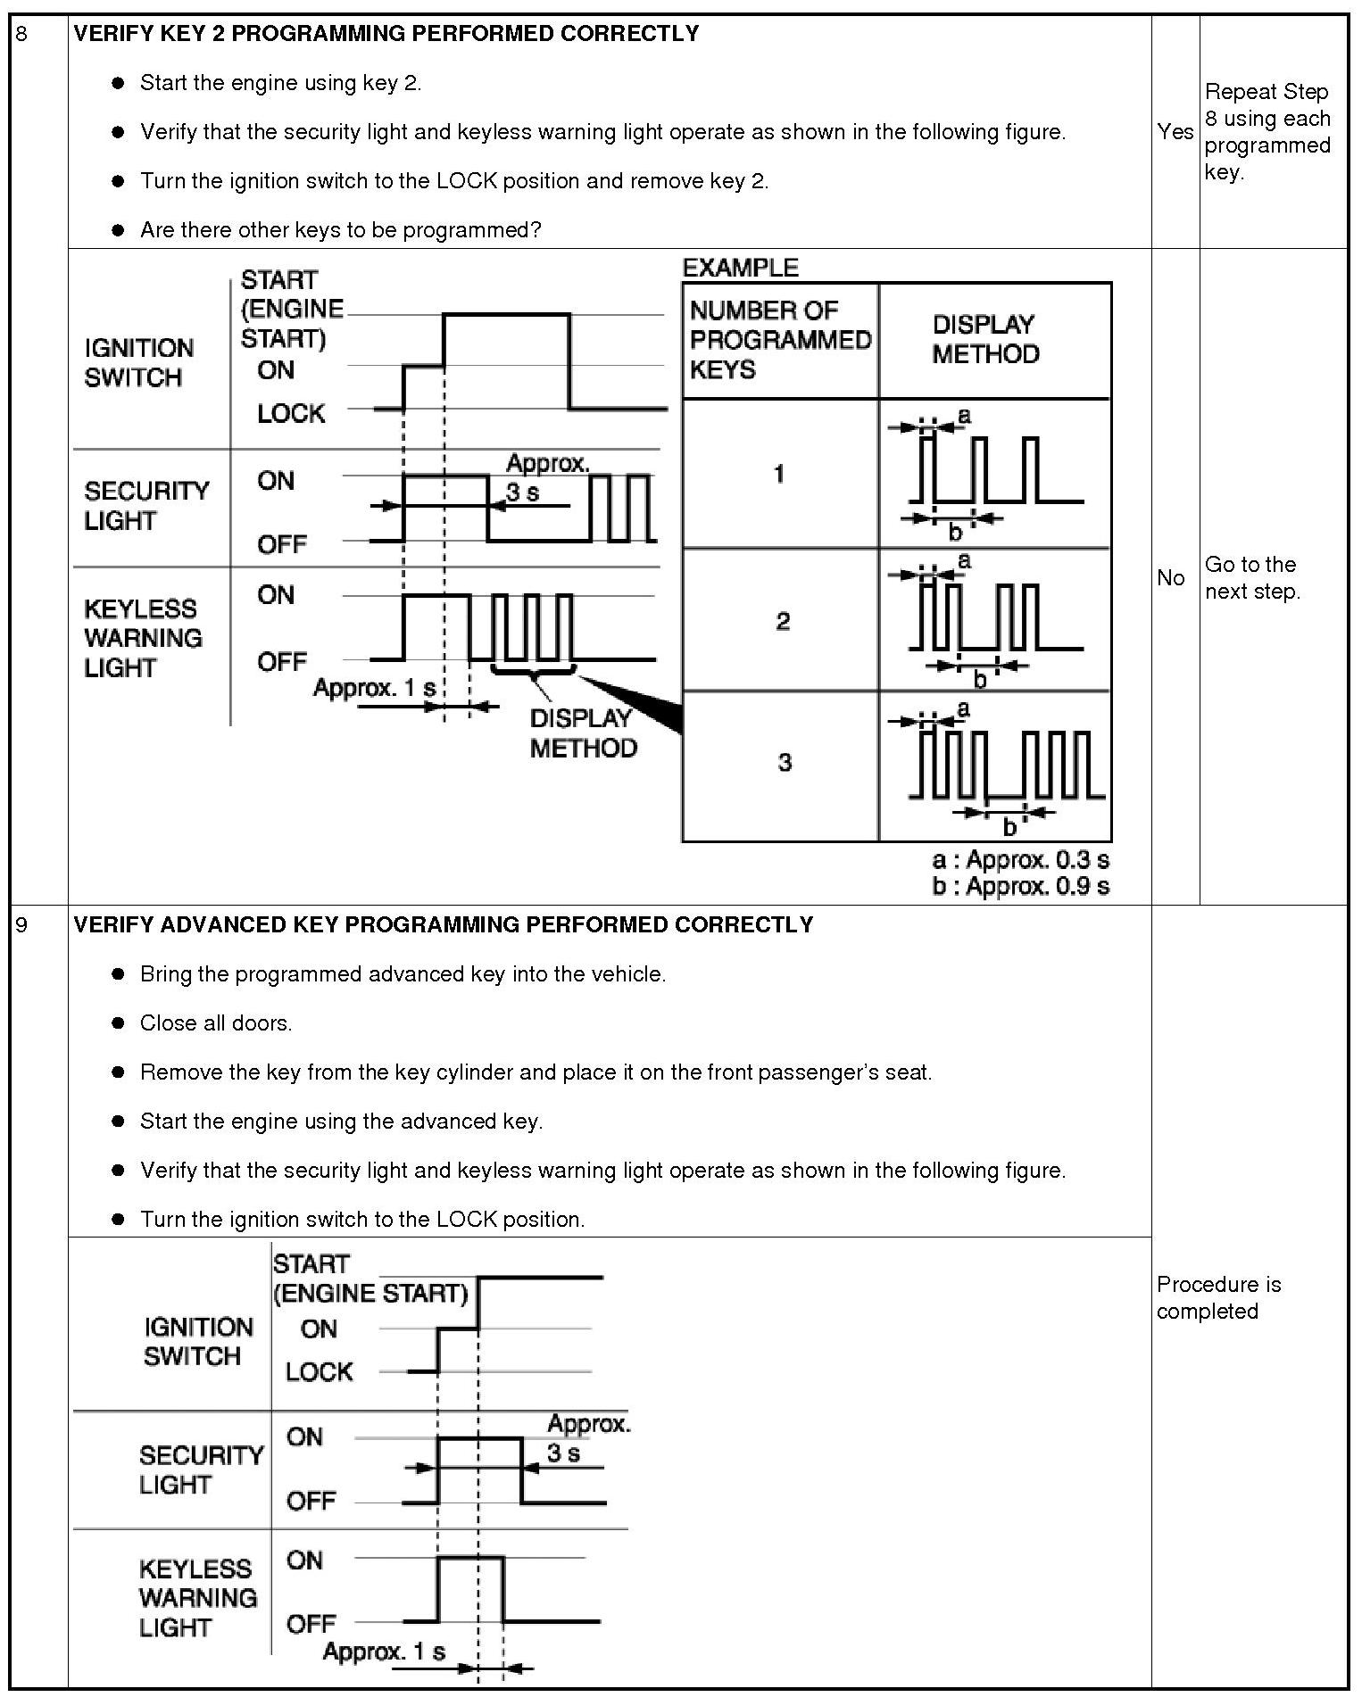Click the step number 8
(21, 35)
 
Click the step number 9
(21, 925)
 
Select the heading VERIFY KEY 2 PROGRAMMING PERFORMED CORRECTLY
(386, 34)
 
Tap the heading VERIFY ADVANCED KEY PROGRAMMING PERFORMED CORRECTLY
(443, 924)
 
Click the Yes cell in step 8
(1175, 132)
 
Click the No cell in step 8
(1170, 578)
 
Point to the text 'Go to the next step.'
(1251, 578)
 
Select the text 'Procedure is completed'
(1218, 1297)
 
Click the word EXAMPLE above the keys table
(740, 268)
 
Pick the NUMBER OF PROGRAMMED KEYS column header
(779, 340)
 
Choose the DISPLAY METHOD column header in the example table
(985, 339)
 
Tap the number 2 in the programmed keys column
(783, 621)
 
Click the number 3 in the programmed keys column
(785, 762)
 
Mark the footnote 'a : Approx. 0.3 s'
(1020, 860)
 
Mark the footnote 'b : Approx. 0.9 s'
(1020, 886)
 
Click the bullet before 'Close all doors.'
(118, 1023)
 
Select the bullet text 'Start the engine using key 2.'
(280, 83)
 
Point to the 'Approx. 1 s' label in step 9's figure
(384, 1651)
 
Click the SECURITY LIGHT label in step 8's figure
(146, 505)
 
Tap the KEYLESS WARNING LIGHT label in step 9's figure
(197, 1598)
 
